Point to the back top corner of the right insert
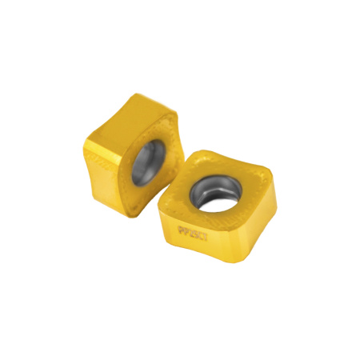[206, 150]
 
